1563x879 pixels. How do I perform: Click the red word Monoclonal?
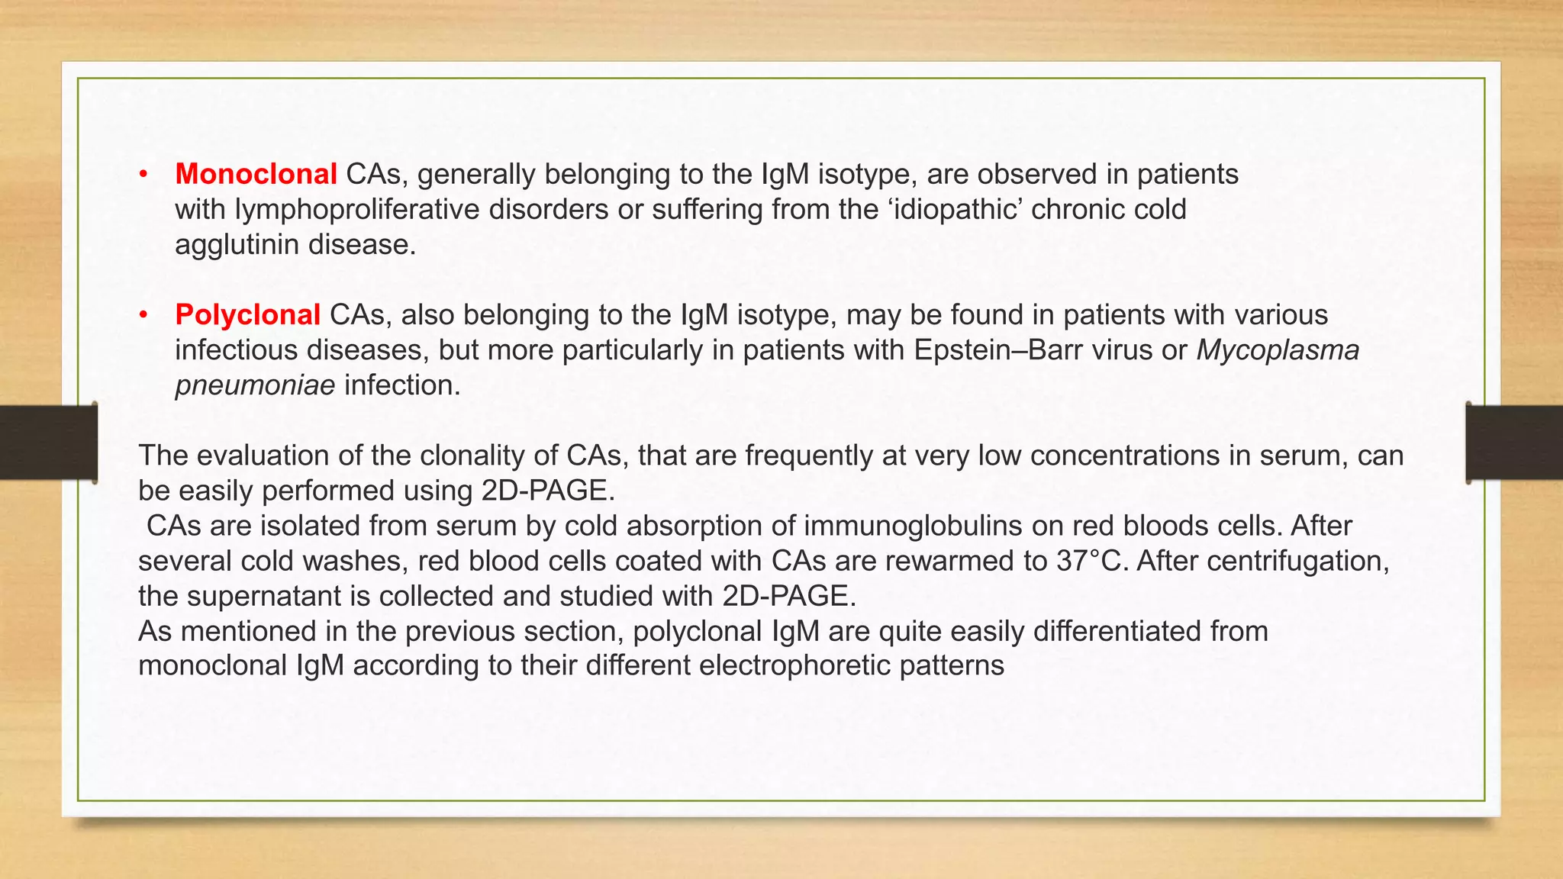tap(256, 174)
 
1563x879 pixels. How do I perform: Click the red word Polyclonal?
tap(247, 314)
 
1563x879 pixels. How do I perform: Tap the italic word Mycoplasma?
tap(1278, 349)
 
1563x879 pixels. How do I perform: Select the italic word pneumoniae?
tap(255, 385)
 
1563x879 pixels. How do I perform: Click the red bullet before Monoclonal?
tap(143, 175)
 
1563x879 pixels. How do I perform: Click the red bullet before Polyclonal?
tap(143, 315)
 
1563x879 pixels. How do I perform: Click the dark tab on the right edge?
tap(1514, 443)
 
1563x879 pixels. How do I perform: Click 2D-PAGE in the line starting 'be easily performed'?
tap(547, 491)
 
